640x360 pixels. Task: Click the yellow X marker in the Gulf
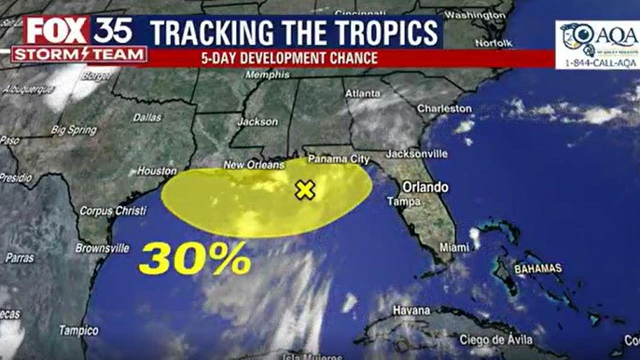click(304, 190)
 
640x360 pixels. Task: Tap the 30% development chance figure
click(194, 258)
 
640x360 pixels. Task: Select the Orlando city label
click(425, 187)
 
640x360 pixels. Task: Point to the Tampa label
click(403, 201)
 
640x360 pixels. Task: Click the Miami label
click(454, 247)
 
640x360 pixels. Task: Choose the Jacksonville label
click(416, 154)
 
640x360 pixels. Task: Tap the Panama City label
click(338, 159)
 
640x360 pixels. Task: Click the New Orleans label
click(254, 164)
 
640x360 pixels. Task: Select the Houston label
click(157, 171)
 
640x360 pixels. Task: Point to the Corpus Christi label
click(113, 211)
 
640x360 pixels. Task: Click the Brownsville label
click(102, 248)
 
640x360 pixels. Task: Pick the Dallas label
click(147, 117)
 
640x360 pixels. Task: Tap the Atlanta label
click(362, 93)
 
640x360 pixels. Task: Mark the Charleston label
click(444, 108)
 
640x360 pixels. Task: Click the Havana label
click(411, 310)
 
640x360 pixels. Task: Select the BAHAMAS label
click(538, 269)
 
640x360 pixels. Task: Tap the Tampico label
click(79, 330)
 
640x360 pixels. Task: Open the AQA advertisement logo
click(597, 44)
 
